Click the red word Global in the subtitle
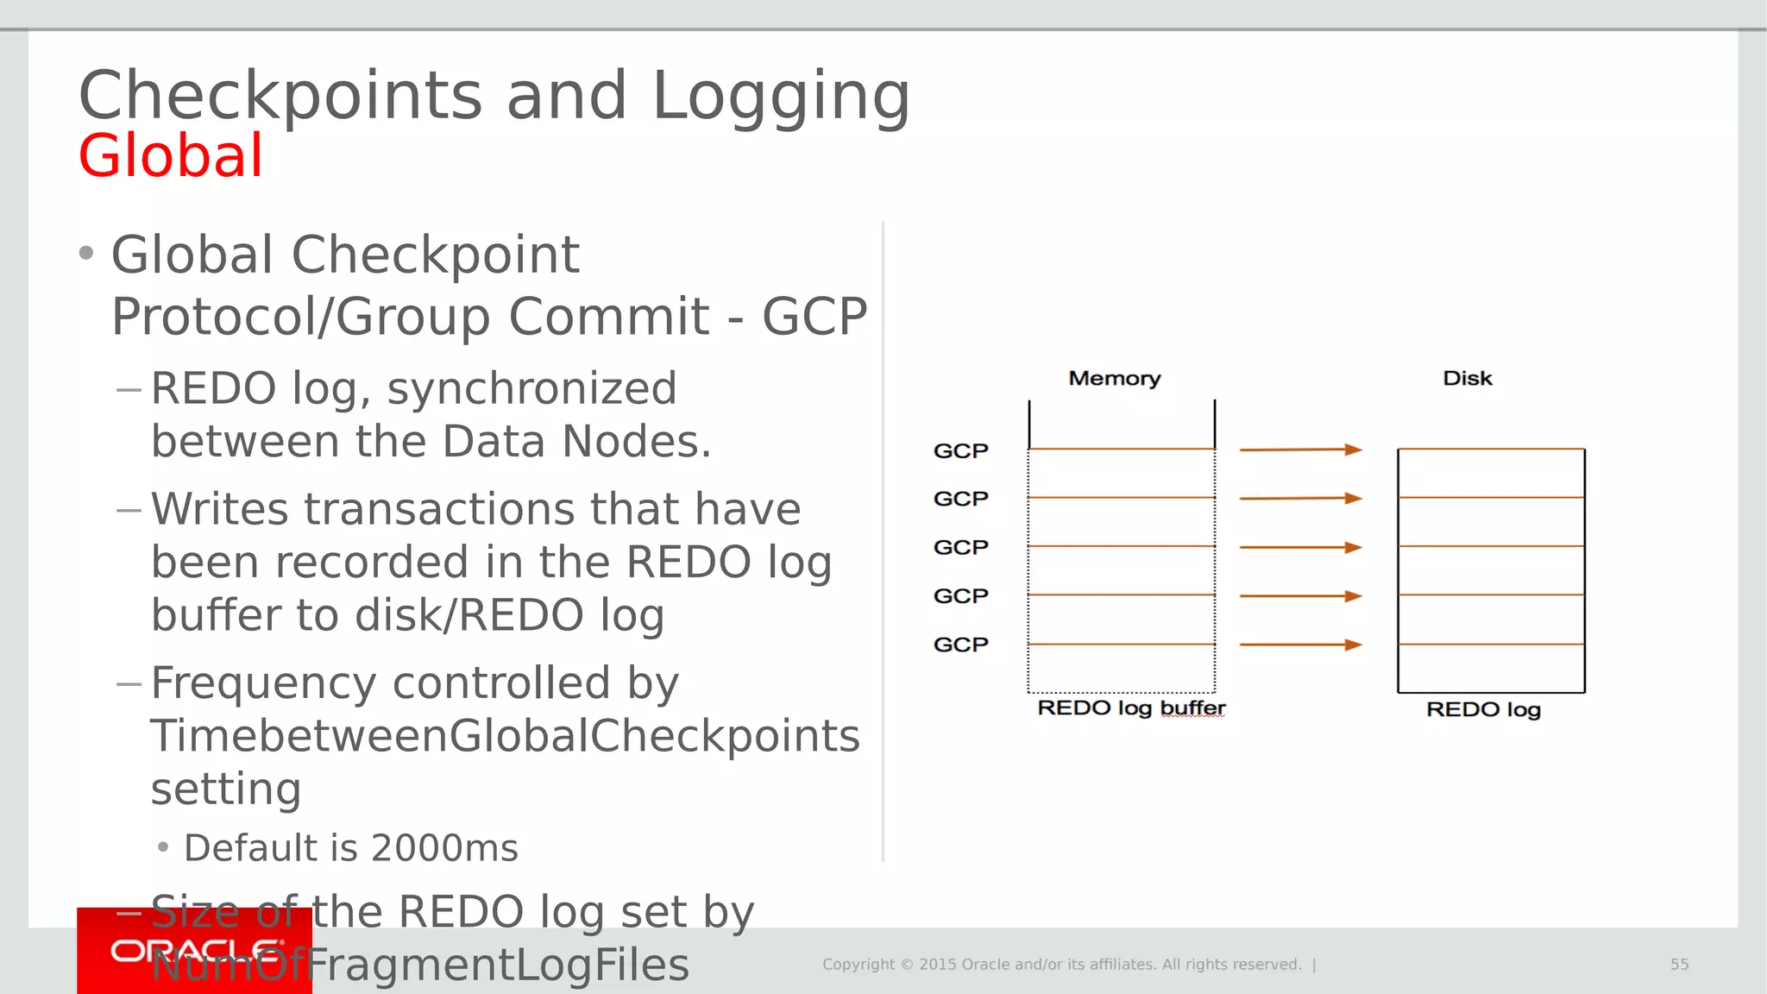click(x=170, y=156)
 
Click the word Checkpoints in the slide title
click(x=280, y=96)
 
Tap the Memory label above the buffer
click(x=1114, y=378)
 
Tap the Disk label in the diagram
click(x=1467, y=378)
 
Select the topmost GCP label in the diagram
click(x=960, y=450)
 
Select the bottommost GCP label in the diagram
click(x=960, y=645)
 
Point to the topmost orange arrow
click(x=1300, y=450)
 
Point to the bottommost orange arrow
click(x=1300, y=645)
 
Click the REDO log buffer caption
click(x=1130, y=708)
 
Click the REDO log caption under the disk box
click(x=1482, y=709)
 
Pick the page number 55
click(x=1679, y=965)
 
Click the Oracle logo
click(x=195, y=951)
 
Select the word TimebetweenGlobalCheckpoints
click(x=505, y=736)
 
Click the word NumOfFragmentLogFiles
click(x=423, y=965)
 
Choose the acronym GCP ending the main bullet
click(x=814, y=317)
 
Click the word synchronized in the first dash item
click(x=531, y=388)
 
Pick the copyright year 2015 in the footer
click(x=937, y=965)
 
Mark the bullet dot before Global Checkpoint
click(x=85, y=254)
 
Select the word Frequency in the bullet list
click(x=263, y=683)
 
